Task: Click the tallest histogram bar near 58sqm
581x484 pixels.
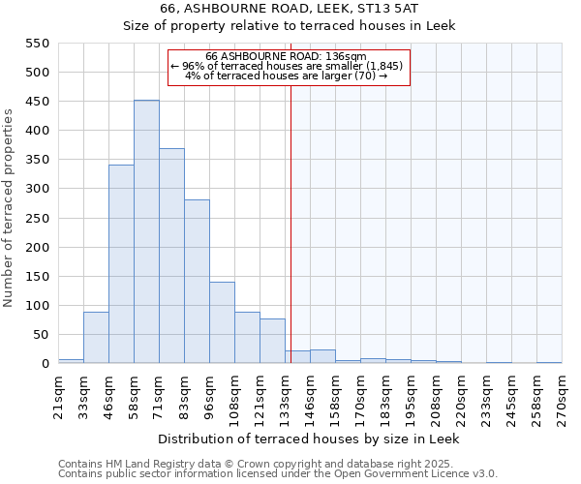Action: pyautogui.click(x=146, y=232)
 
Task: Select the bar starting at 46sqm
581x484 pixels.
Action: pyautogui.click(x=121, y=264)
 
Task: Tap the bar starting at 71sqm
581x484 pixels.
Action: pyautogui.click(x=171, y=257)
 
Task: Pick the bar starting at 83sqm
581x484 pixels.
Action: pyautogui.click(x=197, y=282)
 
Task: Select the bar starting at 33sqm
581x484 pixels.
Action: pyautogui.click(x=96, y=338)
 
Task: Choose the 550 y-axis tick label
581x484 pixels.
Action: pyautogui.click(x=37, y=44)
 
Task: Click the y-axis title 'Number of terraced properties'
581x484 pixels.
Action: pyautogui.click(x=9, y=208)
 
